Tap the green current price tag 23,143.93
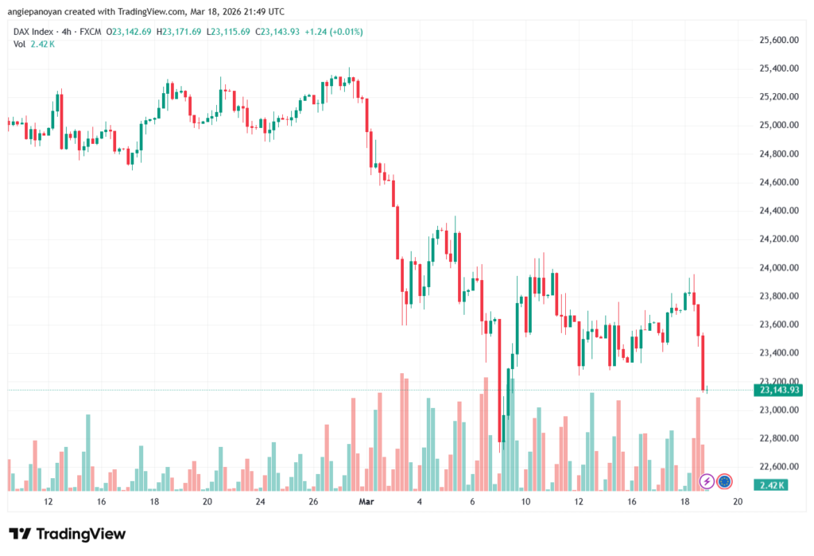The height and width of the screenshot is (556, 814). click(x=779, y=390)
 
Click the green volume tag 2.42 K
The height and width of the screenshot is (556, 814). click(x=773, y=485)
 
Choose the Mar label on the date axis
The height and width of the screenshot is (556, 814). click(x=366, y=502)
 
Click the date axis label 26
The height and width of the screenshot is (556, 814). click(x=313, y=502)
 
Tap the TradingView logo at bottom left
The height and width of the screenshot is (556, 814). click(x=67, y=534)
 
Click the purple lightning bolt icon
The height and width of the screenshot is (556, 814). click(x=706, y=481)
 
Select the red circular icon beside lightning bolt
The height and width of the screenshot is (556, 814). click(x=724, y=481)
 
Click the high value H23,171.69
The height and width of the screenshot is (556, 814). click(x=181, y=31)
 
